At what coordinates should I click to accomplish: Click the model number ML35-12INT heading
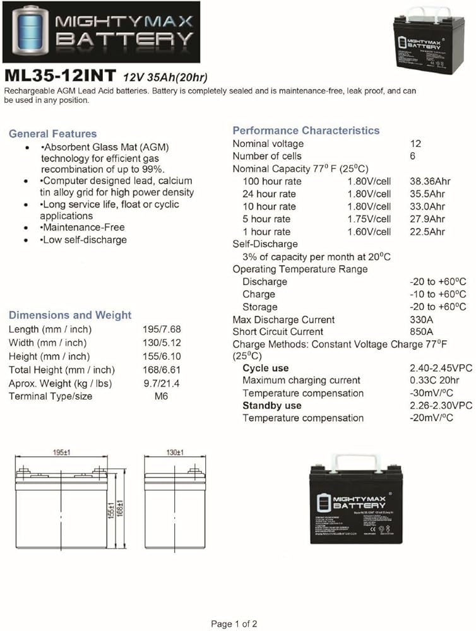coord(60,77)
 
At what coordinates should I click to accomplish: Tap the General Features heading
coord(53,134)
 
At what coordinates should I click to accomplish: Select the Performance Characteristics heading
coord(306,131)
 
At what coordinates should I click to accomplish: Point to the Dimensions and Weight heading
coord(70,315)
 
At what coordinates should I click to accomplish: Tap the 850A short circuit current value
coord(421,332)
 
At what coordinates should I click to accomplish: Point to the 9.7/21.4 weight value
coord(160,383)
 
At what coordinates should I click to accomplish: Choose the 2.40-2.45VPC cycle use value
coord(441,369)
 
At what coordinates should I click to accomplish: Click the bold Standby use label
coord(271,406)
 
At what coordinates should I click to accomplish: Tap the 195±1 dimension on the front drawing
coord(61,453)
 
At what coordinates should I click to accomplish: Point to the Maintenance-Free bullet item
coord(83,227)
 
